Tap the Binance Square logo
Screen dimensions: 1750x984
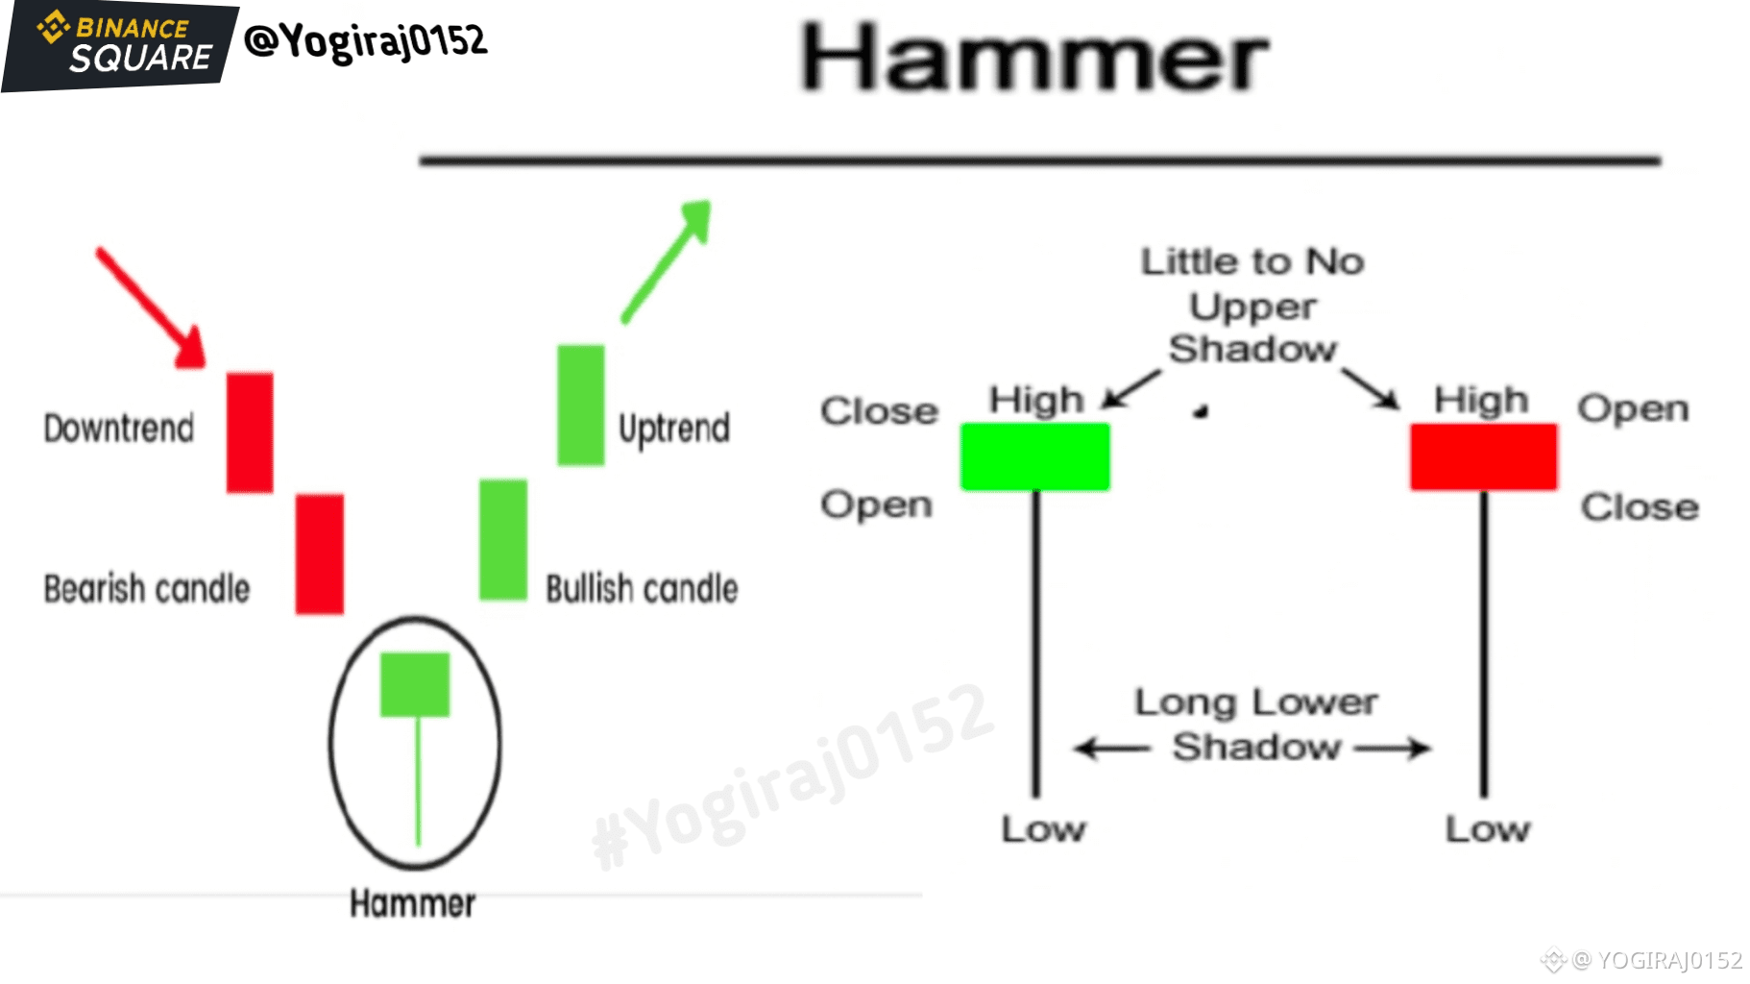pos(120,45)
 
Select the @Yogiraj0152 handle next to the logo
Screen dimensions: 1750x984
pos(366,41)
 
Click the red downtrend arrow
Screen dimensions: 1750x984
pos(152,307)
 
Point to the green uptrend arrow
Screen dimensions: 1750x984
pos(667,260)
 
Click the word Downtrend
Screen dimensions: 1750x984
pos(119,428)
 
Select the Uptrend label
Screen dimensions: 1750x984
pos(674,429)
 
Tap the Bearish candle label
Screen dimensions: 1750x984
pos(147,588)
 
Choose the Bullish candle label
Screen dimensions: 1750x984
pos(642,588)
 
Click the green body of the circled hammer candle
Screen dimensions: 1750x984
pos(415,684)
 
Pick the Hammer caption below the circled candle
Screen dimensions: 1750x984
pos(412,903)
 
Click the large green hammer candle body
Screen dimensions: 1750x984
pos(1035,457)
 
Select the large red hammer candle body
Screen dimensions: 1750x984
pos(1483,457)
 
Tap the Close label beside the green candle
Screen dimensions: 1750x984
pos(879,411)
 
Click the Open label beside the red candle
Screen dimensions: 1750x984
pos(1633,409)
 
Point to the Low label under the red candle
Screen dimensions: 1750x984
pos(1488,828)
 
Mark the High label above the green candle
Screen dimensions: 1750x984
pos(1036,400)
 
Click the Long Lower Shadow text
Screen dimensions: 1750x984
pos(1255,725)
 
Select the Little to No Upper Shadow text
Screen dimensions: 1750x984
pos(1252,305)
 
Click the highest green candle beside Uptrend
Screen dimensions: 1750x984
pos(581,405)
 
